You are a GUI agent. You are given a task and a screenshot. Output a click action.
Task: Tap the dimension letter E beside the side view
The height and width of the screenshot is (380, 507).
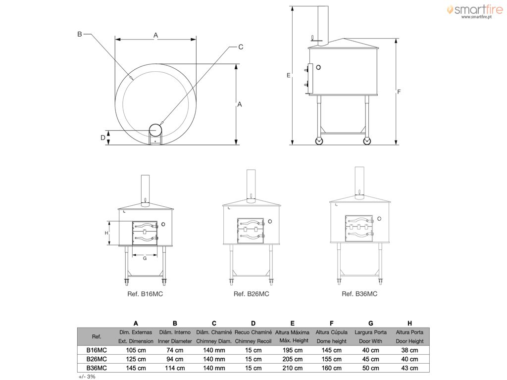click(x=289, y=75)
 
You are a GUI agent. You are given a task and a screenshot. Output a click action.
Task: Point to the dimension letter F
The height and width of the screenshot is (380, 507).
click(x=399, y=92)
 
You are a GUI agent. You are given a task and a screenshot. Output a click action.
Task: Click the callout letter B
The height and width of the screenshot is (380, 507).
click(x=80, y=34)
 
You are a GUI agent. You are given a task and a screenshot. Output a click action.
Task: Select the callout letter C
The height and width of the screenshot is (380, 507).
click(x=241, y=47)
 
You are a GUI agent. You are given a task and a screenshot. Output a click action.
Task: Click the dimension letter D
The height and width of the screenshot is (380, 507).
click(x=103, y=138)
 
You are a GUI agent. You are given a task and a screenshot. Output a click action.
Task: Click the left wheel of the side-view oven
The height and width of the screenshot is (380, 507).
click(x=319, y=141)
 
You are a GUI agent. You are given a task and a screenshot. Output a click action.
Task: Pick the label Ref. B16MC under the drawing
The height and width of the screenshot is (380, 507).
click(x=145, y=294)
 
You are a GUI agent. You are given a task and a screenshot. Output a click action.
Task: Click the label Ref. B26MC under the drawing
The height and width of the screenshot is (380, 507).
click(x=251, y=294)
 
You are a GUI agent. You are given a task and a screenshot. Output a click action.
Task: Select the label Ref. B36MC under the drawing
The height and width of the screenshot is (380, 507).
click(x=359, y=294)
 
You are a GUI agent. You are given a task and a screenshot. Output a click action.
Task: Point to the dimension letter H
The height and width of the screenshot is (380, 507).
click(x=106, y=233)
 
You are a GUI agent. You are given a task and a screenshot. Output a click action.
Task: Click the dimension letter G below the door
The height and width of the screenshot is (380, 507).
click(x=145, y=258)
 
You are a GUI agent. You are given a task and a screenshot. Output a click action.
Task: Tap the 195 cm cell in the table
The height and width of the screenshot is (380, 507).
click(x=292, y=350)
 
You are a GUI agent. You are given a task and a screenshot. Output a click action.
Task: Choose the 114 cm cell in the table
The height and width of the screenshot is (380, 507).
click(x=175, y=368)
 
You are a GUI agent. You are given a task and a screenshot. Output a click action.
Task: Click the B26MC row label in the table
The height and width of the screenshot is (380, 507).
click(x=97, y=359)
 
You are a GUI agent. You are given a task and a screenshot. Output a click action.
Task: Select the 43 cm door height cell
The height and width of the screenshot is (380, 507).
click(x=409, y=368)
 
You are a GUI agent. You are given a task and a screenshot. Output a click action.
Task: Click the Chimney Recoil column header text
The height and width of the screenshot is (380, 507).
click(x=253, y=341)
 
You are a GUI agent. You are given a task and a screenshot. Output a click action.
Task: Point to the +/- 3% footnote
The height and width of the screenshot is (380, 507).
click(x=87, y=377)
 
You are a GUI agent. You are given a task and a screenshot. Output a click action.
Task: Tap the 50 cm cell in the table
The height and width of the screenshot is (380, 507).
click(x=370, y=368)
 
